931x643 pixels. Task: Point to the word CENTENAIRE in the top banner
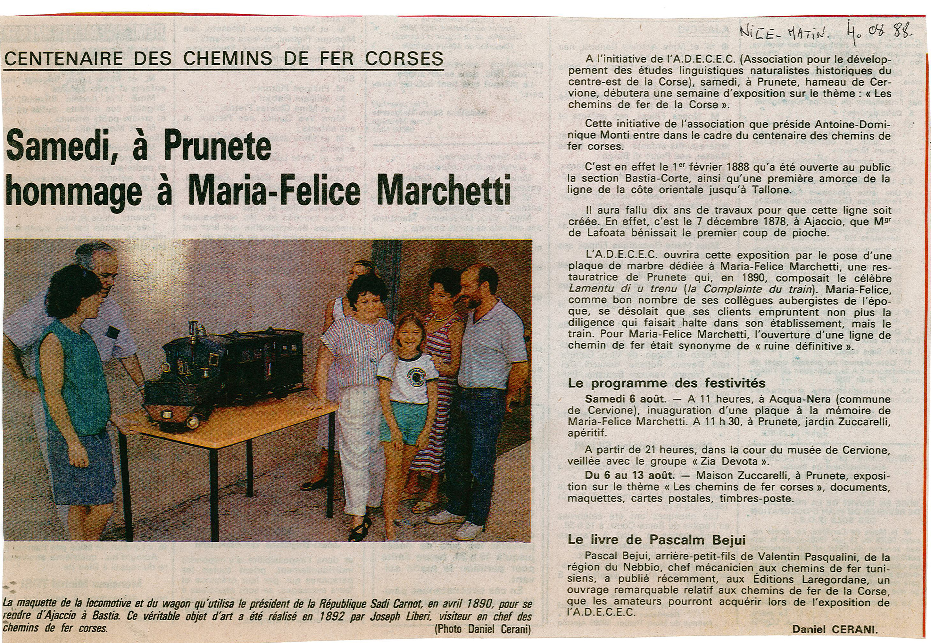click(62, 59)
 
